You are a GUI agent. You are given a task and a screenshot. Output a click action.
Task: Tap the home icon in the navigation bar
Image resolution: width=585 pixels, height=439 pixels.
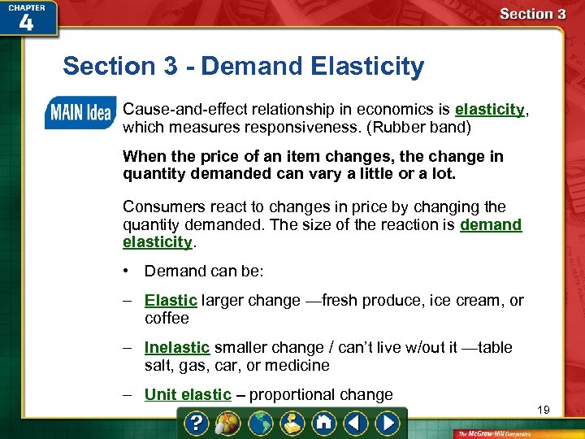(x=323, y=424)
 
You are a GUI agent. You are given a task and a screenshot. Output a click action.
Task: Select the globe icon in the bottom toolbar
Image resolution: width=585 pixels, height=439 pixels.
(x=262, y=424)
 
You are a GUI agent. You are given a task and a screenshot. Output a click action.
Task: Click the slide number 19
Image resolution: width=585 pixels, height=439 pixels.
(x=543, y=411)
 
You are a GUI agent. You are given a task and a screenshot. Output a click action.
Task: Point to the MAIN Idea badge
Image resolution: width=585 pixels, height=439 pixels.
(x=79, y=112)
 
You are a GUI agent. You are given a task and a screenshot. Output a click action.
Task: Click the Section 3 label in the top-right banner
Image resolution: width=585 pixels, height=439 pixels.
(x=532, y=14)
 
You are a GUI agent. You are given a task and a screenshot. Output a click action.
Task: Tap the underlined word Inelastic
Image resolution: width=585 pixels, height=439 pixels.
(x=177, y=348)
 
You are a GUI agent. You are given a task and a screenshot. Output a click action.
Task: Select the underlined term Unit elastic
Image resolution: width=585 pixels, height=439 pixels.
(x=188, y=395)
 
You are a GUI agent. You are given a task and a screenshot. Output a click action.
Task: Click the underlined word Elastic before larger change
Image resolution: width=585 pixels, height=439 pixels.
(x=171, y=301)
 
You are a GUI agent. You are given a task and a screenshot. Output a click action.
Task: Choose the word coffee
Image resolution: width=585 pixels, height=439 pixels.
(x=167, y=319)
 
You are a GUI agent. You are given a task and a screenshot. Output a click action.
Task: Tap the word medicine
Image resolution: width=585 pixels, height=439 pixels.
(x=300, y=366)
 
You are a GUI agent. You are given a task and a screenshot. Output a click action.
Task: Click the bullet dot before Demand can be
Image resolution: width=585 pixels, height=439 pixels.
(x=128, y=271)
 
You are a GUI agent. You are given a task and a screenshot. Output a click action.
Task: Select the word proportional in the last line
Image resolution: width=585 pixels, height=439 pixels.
(x=289, y=395)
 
